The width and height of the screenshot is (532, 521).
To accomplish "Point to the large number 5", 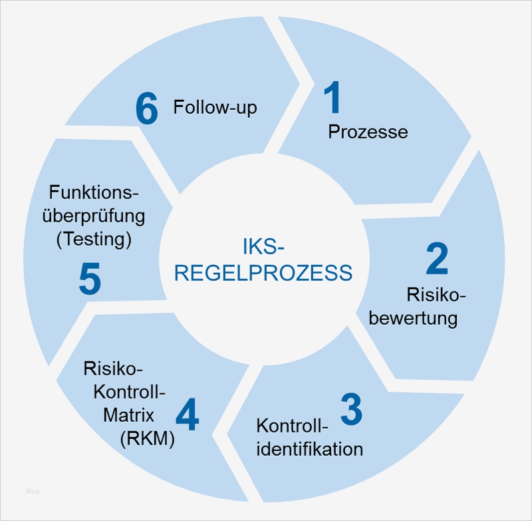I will pyautogui.click(x=90, y=279).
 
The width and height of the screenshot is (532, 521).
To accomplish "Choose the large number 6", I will pyautogui.click(x=147, y=108).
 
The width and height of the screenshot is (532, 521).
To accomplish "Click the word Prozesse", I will pyautogui.click(x=368, y=132).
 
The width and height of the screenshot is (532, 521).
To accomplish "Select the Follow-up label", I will pyautogui.click(x=215, y=107).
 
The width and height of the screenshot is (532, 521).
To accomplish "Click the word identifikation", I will pyautogui.click(x=310, y=448).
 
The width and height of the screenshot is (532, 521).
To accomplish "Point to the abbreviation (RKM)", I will pyautogui.click(x=147, y=438).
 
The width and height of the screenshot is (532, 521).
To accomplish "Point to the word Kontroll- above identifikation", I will pyautogui.click(x=293, y=425).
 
